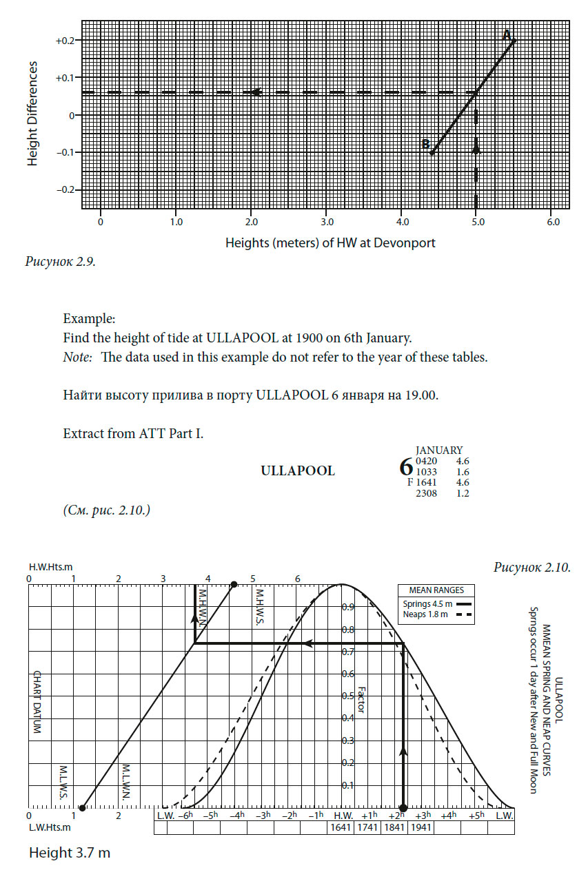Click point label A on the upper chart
click(507, 34)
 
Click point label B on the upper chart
click(426, 144)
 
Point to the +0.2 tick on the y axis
click(65, 41)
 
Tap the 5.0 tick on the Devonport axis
click(476, 222)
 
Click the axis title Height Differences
click(32, 114)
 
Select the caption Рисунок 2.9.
click(61, 261)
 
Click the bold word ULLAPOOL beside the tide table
click(298, 471)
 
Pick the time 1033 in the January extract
click(426, 472)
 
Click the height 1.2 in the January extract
click(462, 494)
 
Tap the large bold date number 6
click(406, 468)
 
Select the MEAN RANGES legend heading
click(436, 590)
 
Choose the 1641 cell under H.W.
click(341, 827)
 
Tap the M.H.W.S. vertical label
click(259, 606)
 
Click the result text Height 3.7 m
click(69, 853)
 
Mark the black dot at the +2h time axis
click(403, 808)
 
